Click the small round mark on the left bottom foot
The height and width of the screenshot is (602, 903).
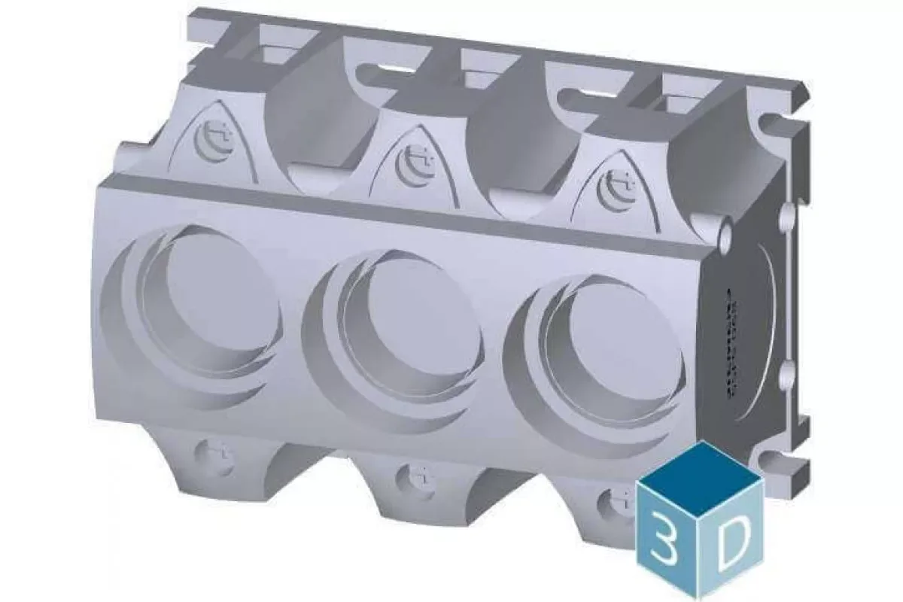(x=214, y=458)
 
